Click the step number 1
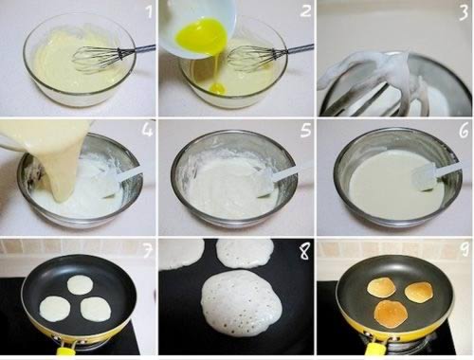point(149,12)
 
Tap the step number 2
point(305,12)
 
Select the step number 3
point(464,13)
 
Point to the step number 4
point(147,130)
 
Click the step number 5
point(305,130)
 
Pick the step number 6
point(464,131)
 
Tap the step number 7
point(147,250)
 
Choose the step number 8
point(305,252)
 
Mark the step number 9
point(464,250)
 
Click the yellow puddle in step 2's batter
point(218,88)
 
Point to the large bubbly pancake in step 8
point(242,303)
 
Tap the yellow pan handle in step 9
point(375,350)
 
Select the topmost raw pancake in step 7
point(81,283)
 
